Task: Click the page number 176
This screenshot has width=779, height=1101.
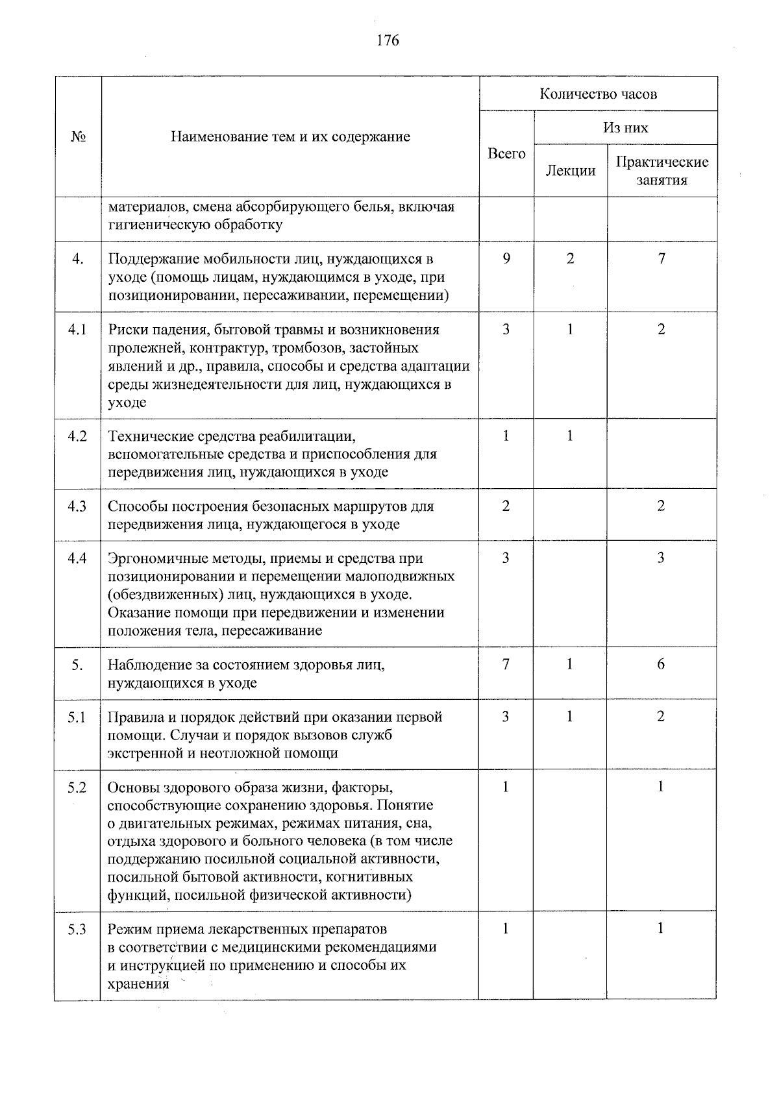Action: [x=388, y=40]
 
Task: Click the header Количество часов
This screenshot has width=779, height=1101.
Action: [x=598, y=94]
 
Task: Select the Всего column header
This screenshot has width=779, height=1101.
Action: [x=506, y=154]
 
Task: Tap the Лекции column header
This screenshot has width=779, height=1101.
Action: [x=570, y=171]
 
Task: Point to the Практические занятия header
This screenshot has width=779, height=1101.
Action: [x=662, y=171]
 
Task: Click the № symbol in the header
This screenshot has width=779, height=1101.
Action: [x=78, y=137]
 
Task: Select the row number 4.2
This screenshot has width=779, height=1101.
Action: [x=77, y=436]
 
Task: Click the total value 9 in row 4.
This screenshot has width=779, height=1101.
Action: [x=506, y=259]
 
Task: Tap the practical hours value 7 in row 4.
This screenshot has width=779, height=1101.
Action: [x=661, y=259]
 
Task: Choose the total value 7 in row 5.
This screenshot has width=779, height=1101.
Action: [x=506, y=664]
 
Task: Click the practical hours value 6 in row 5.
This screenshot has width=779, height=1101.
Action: [x=661, y=664]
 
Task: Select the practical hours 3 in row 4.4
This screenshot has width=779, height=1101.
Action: [x=661, y=558]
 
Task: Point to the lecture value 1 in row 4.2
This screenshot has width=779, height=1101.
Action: [x=569, y=436]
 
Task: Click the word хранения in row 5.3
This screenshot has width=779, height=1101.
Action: [x=138, y=983]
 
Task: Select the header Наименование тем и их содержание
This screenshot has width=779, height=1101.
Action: [x=290, y=137]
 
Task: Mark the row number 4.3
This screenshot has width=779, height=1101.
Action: [x=77, y=506]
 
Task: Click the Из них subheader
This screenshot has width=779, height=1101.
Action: [x=625, y=127]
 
